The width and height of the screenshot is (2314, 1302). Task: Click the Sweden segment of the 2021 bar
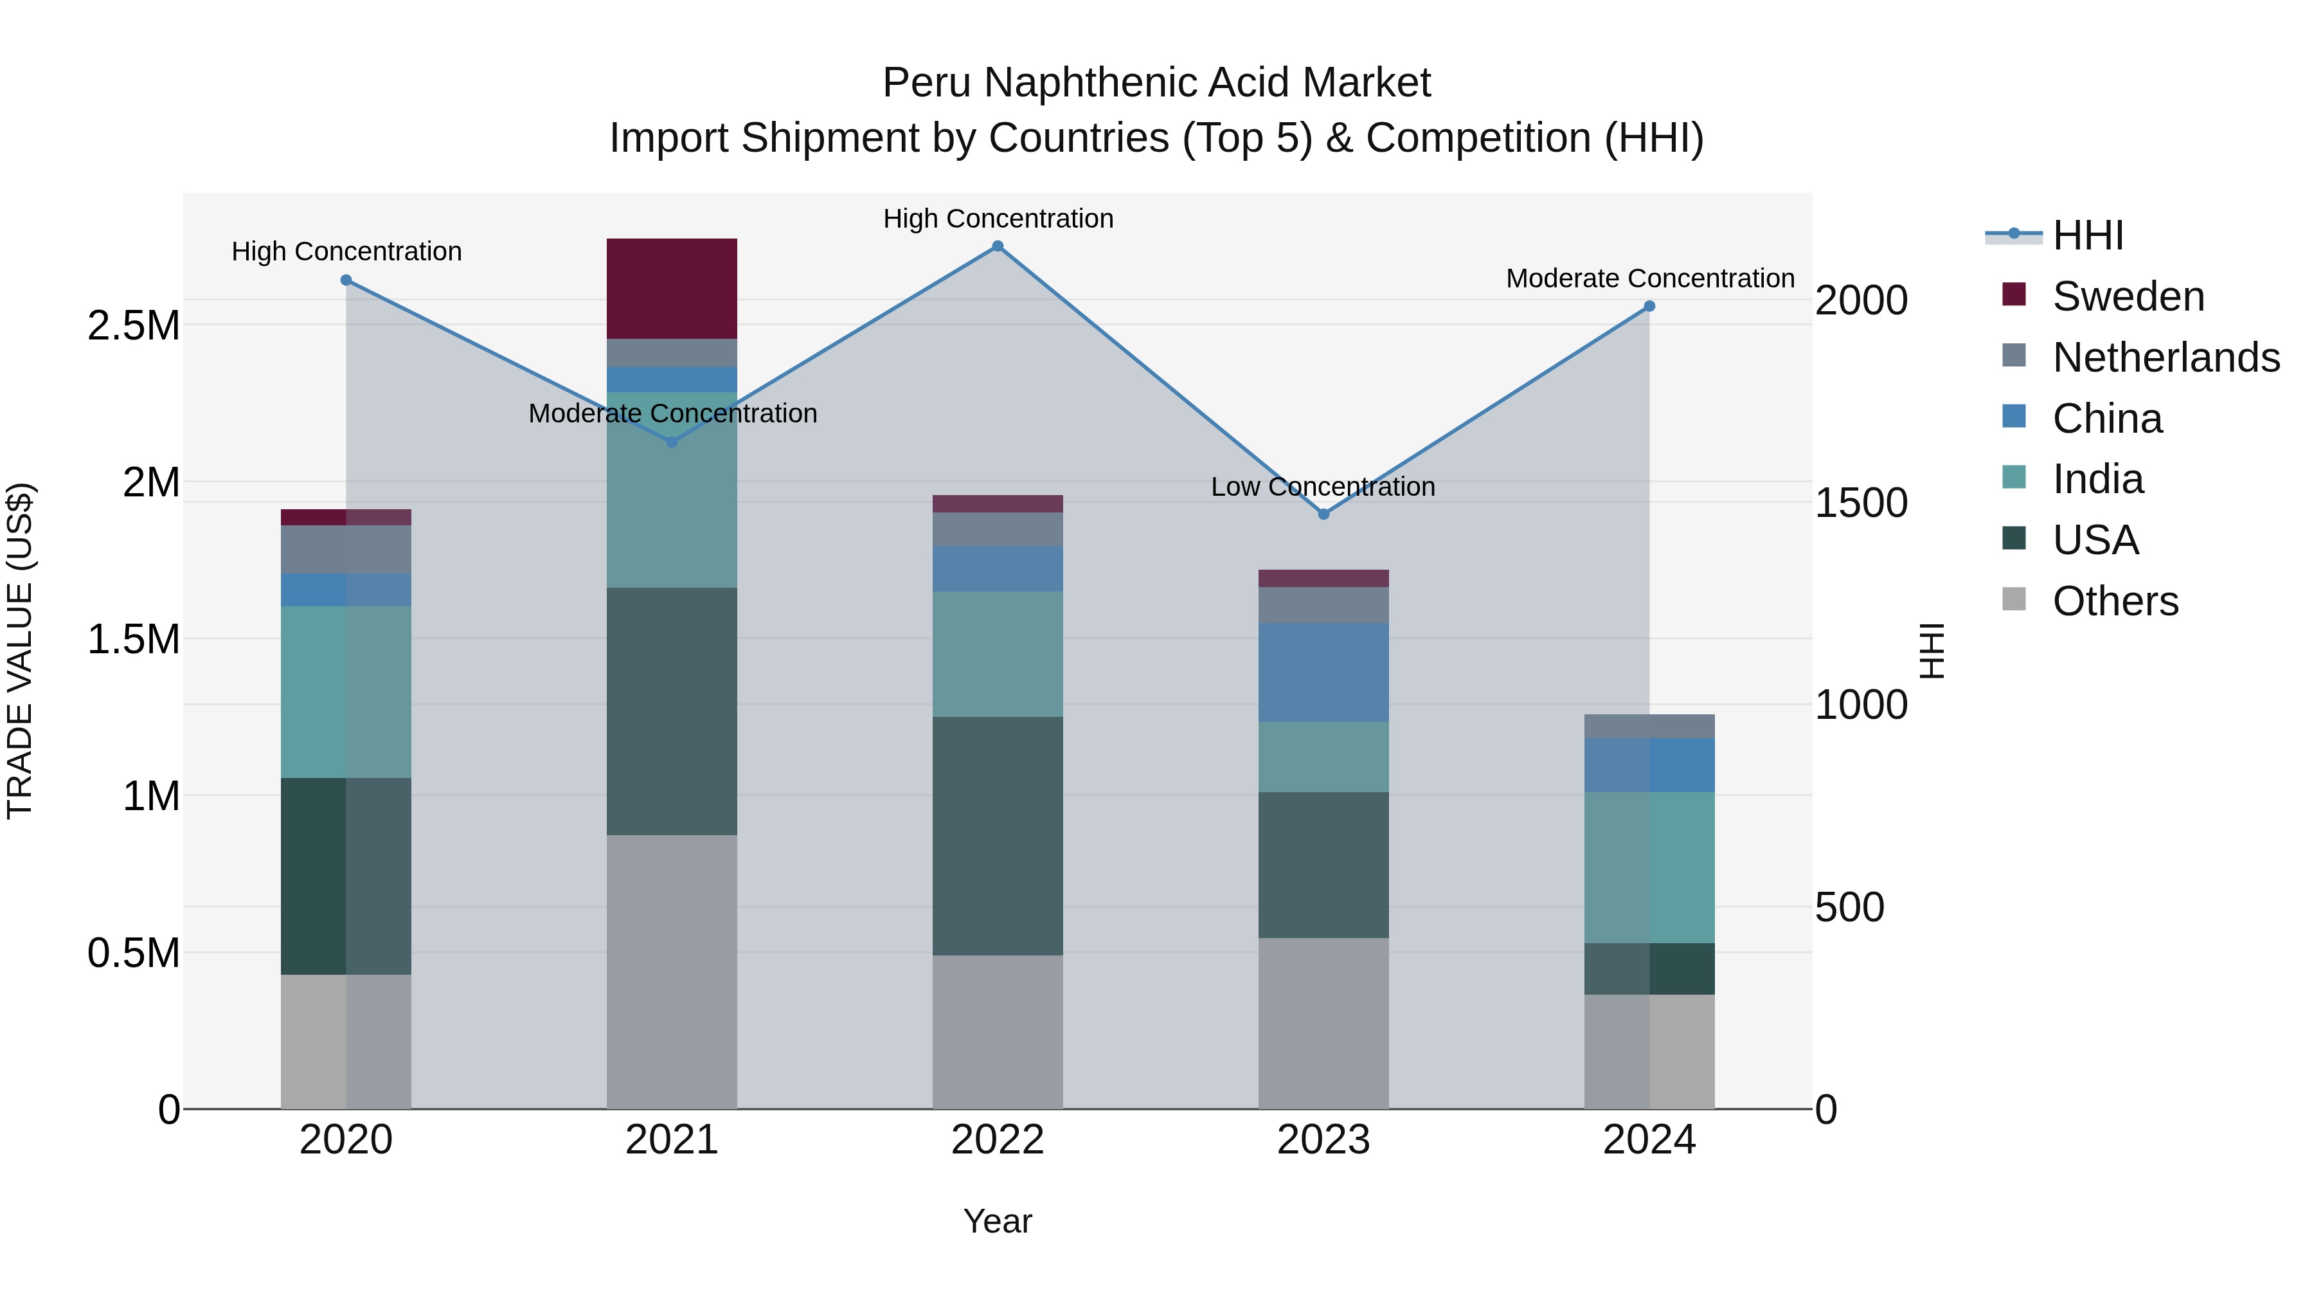point(671,289)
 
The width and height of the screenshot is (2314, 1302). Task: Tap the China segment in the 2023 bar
point(1323,672)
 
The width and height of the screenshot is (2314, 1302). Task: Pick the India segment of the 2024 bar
point(1649,867)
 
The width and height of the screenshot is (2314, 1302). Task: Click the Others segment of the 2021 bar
point(671,972)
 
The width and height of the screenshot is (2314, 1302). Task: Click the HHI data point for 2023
point(1323,514)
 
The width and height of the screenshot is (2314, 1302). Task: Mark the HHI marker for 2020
point(346,280)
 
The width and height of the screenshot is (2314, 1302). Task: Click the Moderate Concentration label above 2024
point(1650,278)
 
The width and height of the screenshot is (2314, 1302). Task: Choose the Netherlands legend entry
point(2165,357)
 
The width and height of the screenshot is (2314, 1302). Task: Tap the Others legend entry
point(2115,601)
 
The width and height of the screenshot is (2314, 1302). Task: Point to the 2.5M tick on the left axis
point(134,325)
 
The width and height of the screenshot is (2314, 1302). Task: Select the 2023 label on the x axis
point(1323,1140)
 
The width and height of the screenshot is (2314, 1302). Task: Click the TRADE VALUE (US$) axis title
point(20,651)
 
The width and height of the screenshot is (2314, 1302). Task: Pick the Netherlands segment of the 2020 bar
point(346,549)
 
